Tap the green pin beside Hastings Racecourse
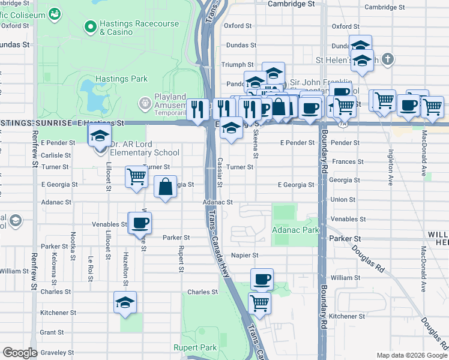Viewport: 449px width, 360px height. [91, 26]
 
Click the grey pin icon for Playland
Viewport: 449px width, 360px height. [145, 103]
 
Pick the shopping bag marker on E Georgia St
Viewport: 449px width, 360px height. [166, 187]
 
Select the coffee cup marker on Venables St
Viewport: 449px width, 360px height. [140, 223]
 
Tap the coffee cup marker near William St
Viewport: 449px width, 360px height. [262, 280]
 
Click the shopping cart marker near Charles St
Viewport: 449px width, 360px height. [259, 303]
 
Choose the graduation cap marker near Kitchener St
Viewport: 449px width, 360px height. [125, 303]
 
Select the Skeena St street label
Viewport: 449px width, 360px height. [256, 146]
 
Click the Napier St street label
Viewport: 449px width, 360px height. [244, 255]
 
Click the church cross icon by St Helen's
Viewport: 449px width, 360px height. [388, 59]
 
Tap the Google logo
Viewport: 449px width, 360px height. [20, 353]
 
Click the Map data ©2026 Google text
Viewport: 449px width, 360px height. [412, 355]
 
